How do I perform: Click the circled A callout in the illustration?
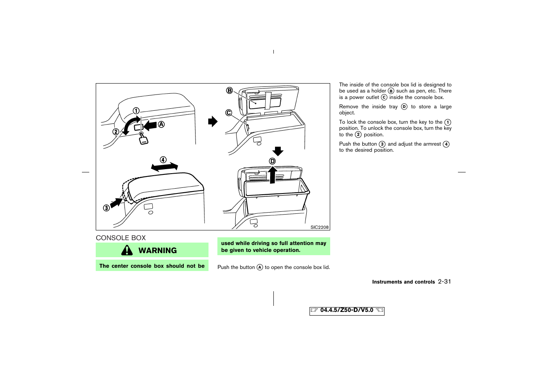161,125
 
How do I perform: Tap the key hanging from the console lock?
143,139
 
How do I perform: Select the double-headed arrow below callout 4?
164,167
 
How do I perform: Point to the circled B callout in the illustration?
230,90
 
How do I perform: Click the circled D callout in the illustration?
273,161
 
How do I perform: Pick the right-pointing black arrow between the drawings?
213,121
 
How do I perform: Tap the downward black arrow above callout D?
278,151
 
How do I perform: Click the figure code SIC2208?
319,227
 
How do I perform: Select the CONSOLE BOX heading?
120,238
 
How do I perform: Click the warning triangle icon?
127,250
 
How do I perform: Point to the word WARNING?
157,251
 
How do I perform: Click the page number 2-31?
445,282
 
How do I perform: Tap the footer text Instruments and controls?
403,282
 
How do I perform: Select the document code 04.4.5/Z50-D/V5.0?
346,310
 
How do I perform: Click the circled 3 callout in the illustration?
106,208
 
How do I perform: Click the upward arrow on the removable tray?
273,175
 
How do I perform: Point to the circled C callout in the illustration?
229,113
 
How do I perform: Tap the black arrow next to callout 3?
116,202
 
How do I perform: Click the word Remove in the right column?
348,107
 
